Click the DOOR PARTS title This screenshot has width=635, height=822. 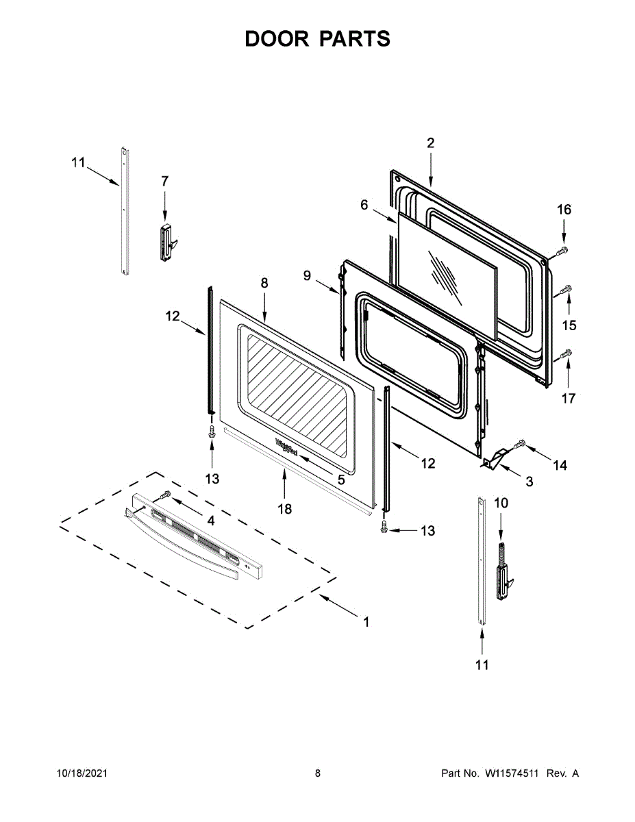click(317, 39)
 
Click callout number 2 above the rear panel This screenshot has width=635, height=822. click(430, 143)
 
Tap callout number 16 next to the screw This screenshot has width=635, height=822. click(563, 210)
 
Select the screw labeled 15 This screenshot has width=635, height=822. click(566, 290)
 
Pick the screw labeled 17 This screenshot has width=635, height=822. click(566, 353)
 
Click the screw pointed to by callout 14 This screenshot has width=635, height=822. click(519, 445)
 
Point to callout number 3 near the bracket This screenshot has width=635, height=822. click(530, 482)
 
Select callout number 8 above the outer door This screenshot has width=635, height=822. click(264, 283)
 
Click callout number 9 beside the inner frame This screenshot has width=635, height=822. click(308, 275)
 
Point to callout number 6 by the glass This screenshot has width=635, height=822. click(364, 205)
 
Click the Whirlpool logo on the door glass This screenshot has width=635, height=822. click(286, 447)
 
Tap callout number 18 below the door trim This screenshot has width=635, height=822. click(284, 509)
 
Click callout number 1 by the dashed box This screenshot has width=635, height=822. click(366, 622)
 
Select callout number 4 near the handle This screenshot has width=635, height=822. click(211, 521)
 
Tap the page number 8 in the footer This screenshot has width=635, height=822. click(317, 773)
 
